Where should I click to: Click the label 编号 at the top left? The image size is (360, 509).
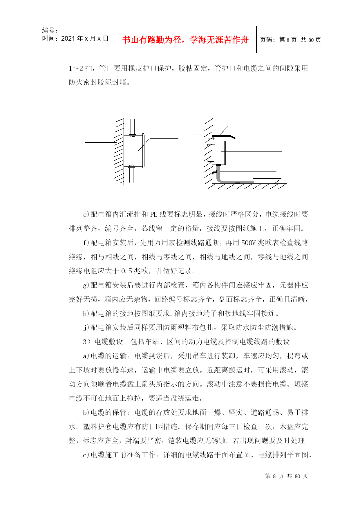pos(48,30)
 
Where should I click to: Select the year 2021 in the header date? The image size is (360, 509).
pos(68,39)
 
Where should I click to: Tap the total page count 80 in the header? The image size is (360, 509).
pos(311,40)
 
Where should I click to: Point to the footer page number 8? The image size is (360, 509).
pos(274,476)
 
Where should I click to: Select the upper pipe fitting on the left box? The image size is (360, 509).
pos(132,135)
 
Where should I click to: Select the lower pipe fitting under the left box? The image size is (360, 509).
pos(131,167)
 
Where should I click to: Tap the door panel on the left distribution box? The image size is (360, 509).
pos(143,151)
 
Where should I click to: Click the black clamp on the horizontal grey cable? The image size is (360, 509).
pos(237,183)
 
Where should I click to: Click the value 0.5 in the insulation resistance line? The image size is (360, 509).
pos(126,271)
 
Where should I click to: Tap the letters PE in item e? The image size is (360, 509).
pos(154,214)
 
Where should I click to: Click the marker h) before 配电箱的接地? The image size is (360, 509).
pos(86,314)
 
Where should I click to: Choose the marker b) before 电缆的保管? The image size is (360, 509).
pos(86,413)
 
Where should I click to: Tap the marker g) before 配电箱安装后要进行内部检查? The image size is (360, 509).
pos(86,286)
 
